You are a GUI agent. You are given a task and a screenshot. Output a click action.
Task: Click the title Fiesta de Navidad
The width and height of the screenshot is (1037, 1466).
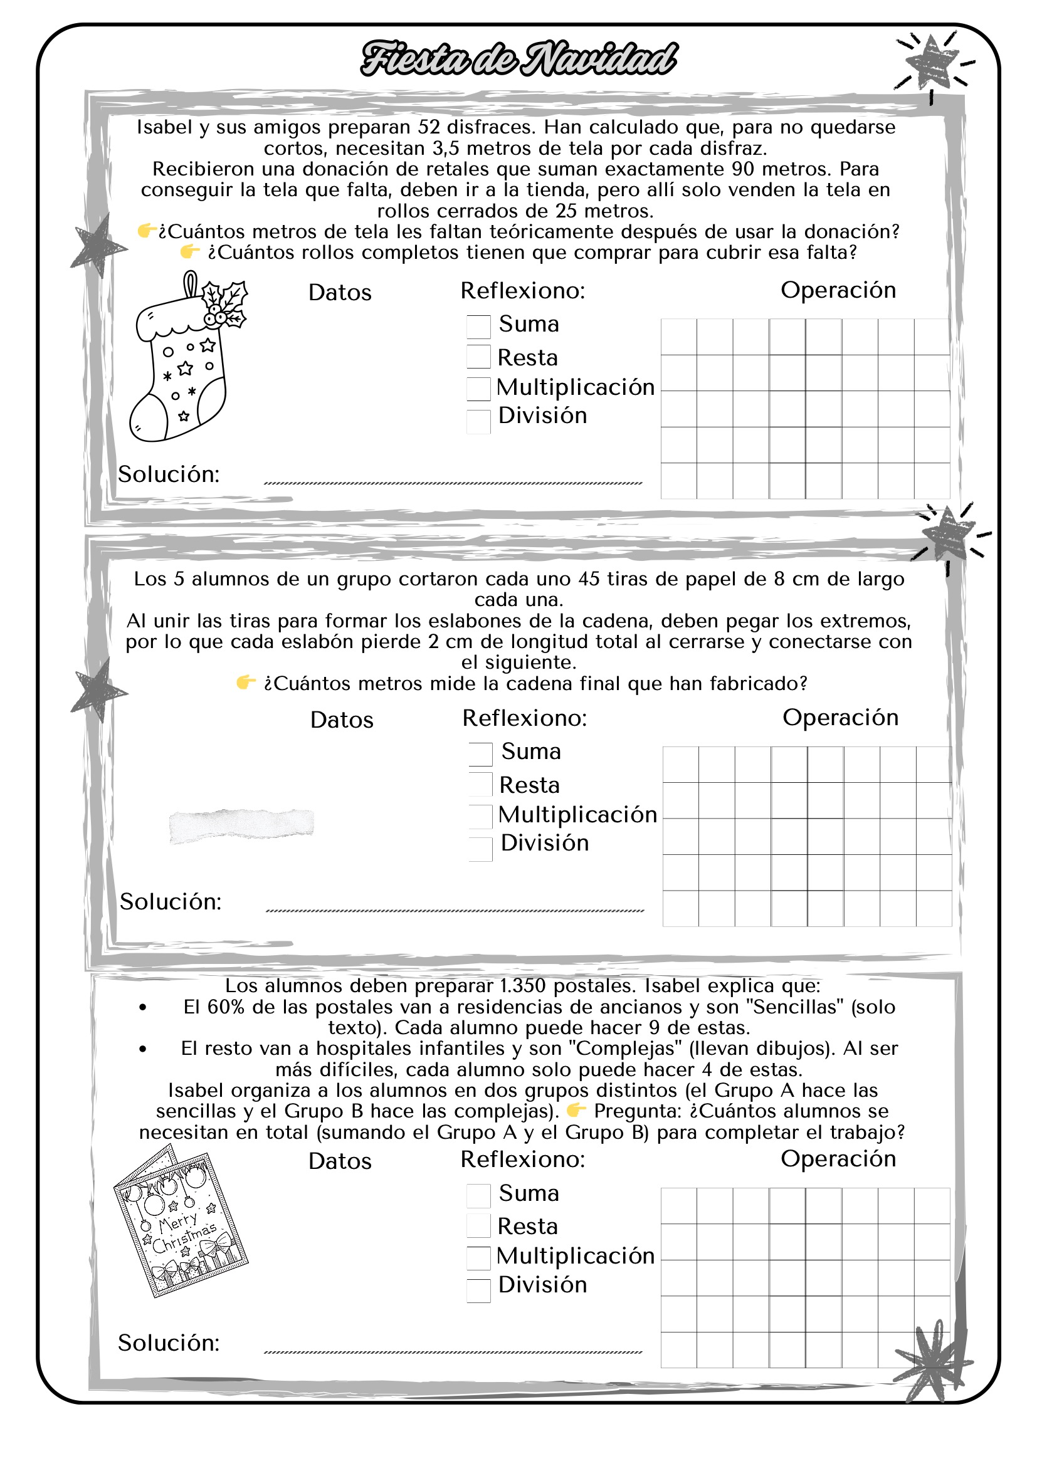518,59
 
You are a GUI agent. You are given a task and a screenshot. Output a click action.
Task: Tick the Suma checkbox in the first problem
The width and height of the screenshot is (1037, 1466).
478,327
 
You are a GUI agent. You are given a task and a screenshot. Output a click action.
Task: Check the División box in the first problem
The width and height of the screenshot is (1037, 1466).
478,421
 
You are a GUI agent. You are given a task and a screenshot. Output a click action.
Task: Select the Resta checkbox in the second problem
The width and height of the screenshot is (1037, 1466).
480,784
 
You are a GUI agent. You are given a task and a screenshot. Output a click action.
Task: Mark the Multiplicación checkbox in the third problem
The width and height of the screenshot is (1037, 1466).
478,1258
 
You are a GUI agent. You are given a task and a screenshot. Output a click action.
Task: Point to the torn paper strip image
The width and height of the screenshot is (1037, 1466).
241,825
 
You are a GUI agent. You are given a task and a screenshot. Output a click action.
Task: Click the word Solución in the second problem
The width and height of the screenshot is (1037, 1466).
171,901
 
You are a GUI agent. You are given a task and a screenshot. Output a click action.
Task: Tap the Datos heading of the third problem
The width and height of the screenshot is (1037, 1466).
340,1161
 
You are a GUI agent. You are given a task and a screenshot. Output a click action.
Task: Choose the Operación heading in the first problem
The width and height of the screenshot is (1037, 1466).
838,290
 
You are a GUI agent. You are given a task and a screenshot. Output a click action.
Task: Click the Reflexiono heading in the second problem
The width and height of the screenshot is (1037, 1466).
524,718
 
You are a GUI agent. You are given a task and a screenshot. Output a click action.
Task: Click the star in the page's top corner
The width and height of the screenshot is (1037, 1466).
932,63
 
